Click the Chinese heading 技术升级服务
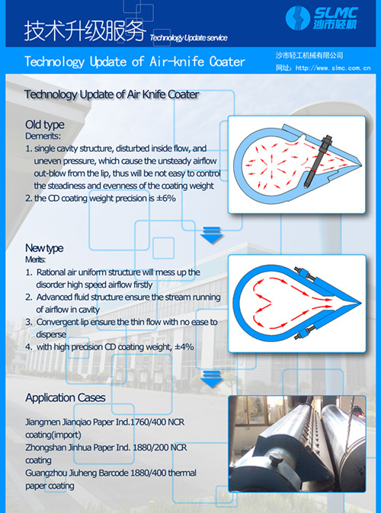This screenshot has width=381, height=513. [x=84, y=30]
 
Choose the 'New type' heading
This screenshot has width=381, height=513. [x=44, y=248]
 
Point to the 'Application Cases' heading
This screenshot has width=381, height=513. [x=66, y=398]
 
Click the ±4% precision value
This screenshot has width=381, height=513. [x=185, y=346]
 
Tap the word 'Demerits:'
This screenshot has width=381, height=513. [x=42, y=135]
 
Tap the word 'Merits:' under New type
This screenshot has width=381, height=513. [x=36, y=260]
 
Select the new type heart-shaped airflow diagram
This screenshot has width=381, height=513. [x=302, y=304]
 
